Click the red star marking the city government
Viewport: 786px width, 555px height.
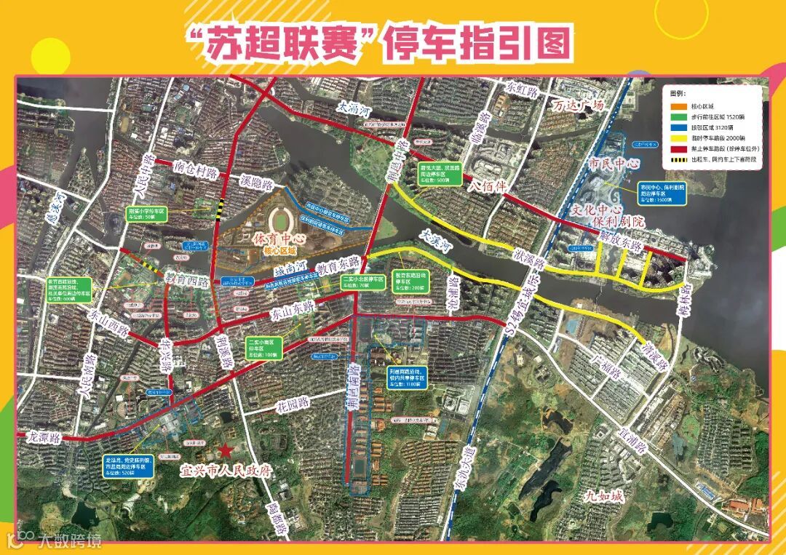[x=226, y=452]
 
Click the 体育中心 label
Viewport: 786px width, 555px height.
[x=277, y=239]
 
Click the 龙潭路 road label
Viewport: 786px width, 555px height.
[x=46, y=438]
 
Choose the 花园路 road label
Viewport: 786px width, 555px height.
[x=293, y=402]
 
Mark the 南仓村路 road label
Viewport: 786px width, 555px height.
[x=196, y=169]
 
